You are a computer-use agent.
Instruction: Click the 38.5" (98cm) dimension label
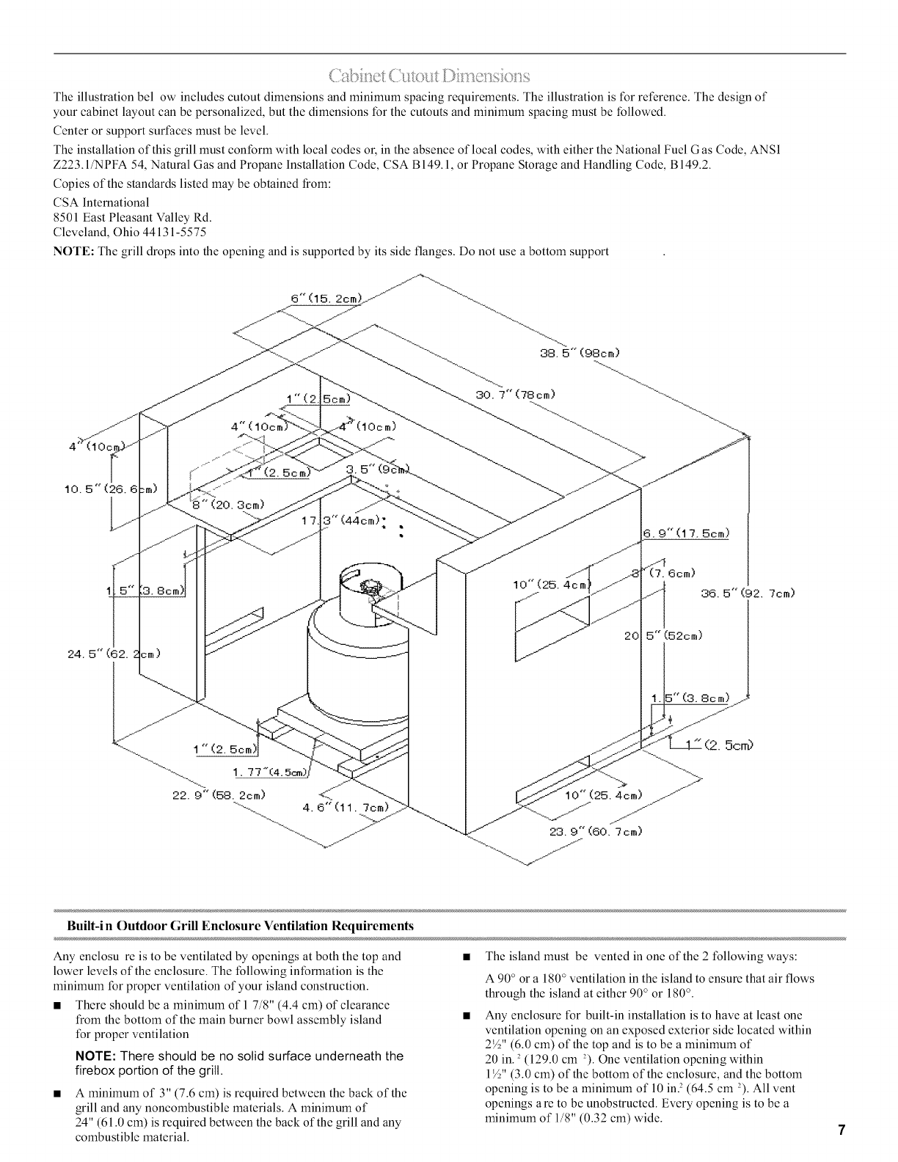tap(580, 352)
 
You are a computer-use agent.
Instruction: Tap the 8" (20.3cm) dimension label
tap(228, 504)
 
